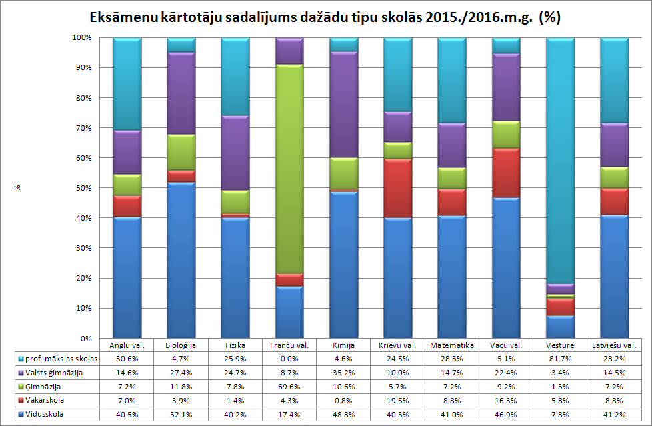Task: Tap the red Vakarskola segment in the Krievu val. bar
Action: coord(398,188)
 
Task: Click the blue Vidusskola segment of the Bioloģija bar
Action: coord(180,260)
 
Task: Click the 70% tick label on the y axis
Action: coord(81,128)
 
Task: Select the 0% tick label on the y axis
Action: coord(83,339)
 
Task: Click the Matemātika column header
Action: coord(452,345)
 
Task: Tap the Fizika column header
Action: coord(234,345)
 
